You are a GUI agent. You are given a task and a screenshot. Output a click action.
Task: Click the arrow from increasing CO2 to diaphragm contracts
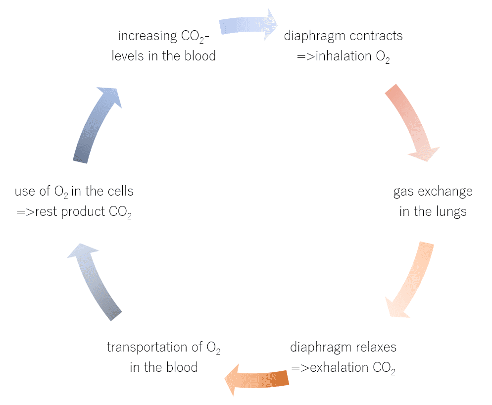(248, 25)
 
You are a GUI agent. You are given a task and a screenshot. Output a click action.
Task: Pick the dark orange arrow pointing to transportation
(257, 379)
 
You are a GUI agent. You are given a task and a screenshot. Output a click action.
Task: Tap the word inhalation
(344, 56)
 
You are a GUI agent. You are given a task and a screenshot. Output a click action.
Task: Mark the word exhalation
(339, 368)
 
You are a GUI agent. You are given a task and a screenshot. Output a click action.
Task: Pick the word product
(83, 212)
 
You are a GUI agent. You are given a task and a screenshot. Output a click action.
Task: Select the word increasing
(148, 36)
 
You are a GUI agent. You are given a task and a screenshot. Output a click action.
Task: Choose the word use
(25, 192)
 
